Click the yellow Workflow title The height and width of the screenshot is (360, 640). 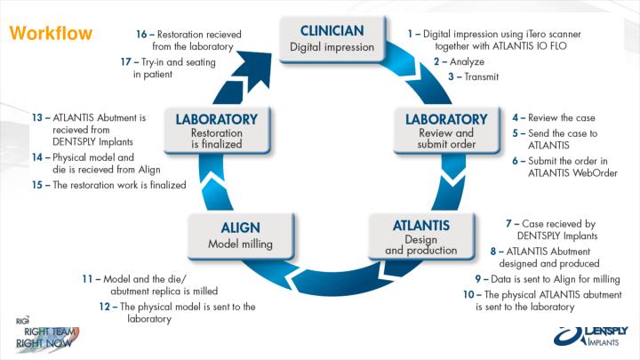click(x=51, y=35)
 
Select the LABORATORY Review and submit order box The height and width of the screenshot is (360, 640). click(x=446, y=131)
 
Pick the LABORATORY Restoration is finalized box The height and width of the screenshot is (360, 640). click(x=217, y=130)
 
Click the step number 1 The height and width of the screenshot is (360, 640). click(x=412, y=33)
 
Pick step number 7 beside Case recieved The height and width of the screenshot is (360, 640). click(x=509, y=223)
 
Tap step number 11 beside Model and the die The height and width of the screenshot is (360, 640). click(x=87, y=278)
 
